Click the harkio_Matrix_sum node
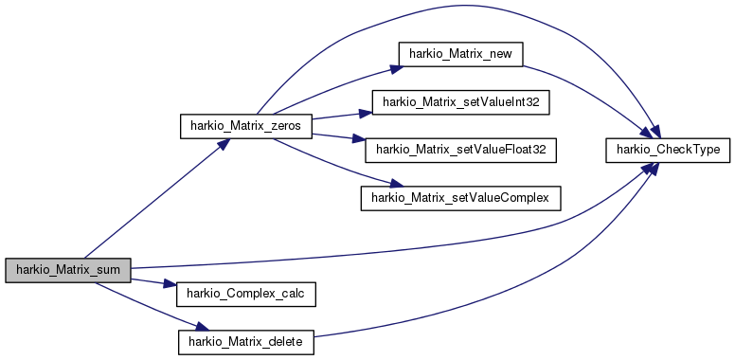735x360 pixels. point(67,268)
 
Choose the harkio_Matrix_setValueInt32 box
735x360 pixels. point(461,101)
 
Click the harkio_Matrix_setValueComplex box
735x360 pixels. point(461,197)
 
